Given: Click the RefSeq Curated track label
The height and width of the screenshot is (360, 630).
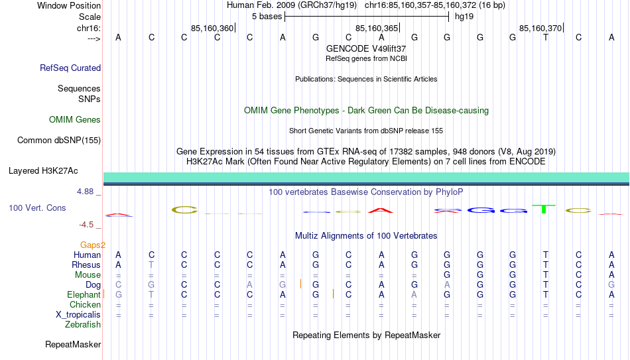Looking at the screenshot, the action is point(70,68).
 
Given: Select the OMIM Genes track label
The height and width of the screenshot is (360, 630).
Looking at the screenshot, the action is point(75,120).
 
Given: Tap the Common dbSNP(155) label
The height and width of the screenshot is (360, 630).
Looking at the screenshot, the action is point(59,141).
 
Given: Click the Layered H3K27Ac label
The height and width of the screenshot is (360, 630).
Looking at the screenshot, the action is point(43,171).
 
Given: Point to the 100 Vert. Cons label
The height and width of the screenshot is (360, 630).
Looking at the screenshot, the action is point(37,208).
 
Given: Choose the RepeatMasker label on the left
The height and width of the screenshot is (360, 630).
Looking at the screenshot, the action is point(73,344).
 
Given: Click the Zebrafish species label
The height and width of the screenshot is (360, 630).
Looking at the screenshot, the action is point(83,325).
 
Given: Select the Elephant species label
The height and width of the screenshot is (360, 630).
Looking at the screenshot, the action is point(84,294).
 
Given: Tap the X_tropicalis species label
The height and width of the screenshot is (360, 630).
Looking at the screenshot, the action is point(78,315).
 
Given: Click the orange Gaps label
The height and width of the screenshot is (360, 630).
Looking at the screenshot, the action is point(93,245).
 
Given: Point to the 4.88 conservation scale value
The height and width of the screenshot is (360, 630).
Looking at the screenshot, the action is point(85,192).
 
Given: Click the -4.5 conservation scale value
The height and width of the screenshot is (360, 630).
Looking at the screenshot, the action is point(86,225).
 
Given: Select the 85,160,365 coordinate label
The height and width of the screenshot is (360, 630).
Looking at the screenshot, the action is point(377,28).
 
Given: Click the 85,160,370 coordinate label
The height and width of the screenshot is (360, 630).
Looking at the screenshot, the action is point(540,28).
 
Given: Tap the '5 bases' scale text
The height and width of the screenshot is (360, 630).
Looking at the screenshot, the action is point(267,17).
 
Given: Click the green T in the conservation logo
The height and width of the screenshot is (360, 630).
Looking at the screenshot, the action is point(544,209).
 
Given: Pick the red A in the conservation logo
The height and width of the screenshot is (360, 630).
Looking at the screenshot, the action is point(381,210).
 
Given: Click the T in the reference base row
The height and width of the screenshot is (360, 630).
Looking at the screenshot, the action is point(546,37).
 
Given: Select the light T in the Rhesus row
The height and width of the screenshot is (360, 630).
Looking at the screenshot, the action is point(151,265).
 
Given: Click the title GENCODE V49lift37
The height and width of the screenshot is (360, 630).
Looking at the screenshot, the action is point(366,48).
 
